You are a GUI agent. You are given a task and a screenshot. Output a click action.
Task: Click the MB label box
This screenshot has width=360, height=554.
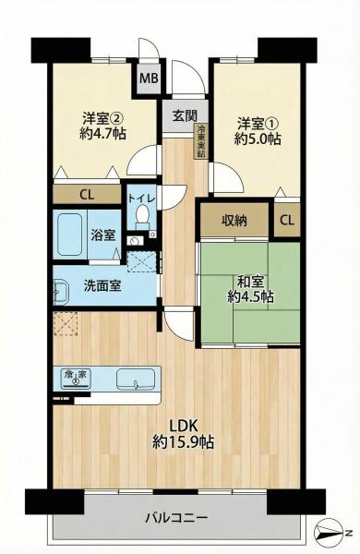pyautogui.click(x=149, y=78)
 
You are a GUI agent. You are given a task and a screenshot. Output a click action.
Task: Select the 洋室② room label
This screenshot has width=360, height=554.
pyautogui.click(x=103, y=118)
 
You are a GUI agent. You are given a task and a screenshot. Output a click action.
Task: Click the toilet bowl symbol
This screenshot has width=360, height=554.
pyautogui.click(x=142, y=215)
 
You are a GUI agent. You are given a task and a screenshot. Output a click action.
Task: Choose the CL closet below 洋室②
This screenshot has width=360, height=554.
pyautogui.click(x=86, y=195)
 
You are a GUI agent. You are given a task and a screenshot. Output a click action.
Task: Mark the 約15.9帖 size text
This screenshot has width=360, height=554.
pyautogui.click(x=185, y=443)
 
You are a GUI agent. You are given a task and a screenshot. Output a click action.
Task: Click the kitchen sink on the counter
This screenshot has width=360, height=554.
pyautogui.click(x=136, y=379)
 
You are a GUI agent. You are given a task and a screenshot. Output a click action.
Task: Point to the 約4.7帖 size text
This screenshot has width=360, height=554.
pyautogui.click(x=103, y=136)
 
